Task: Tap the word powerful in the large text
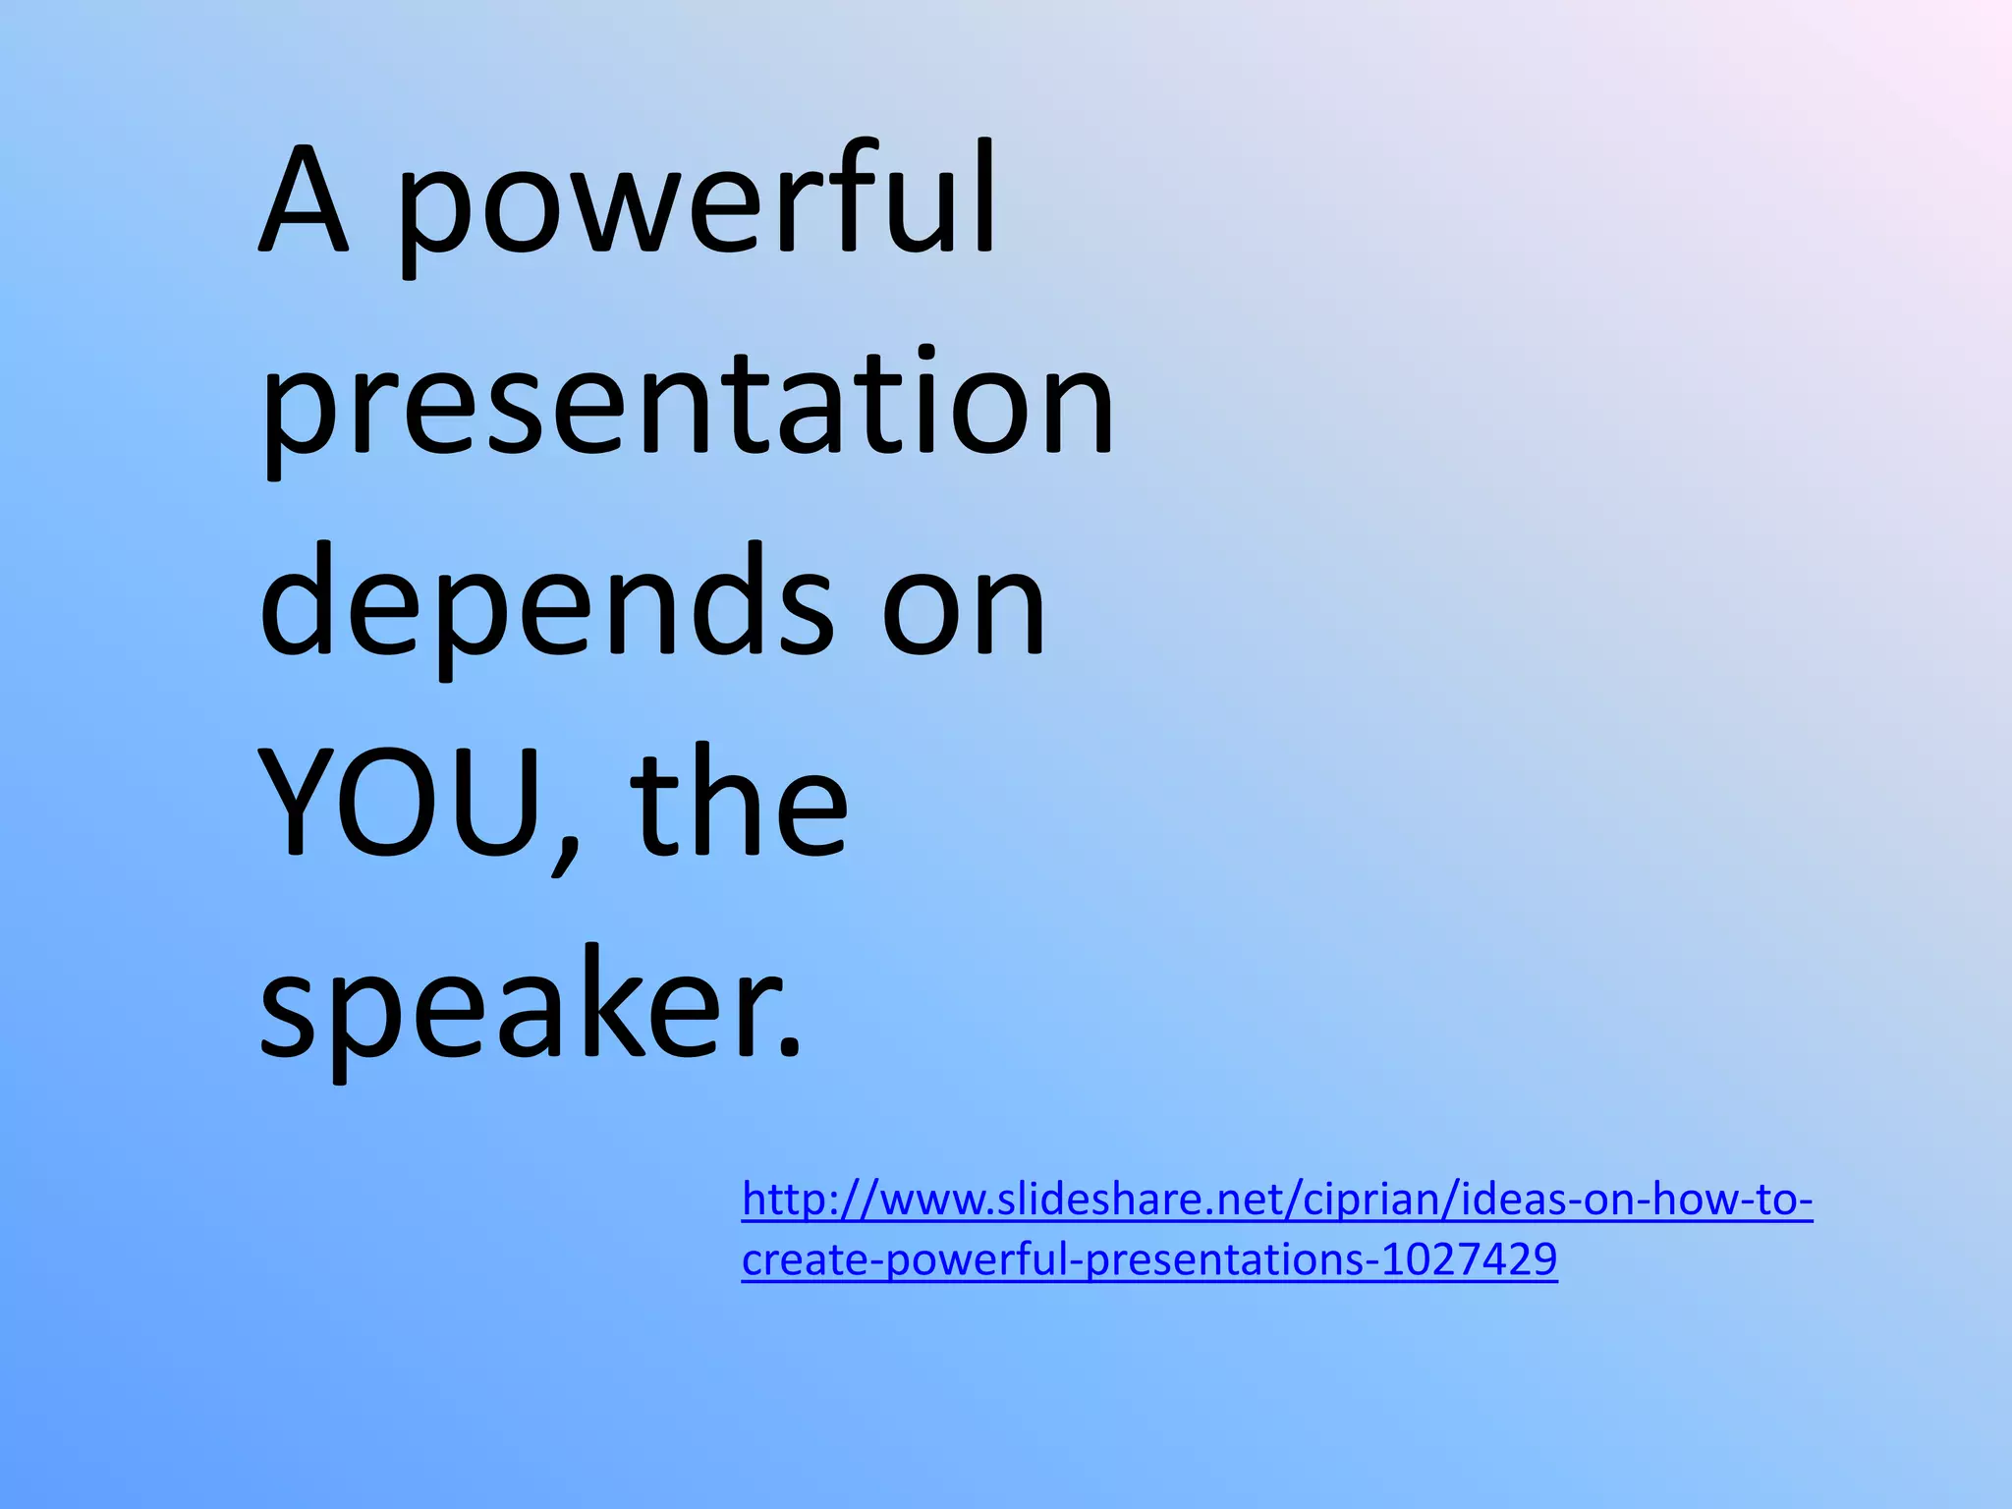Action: point(698,206)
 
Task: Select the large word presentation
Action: point(687,408)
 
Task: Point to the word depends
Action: point(546,604)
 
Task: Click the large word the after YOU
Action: point(739,801)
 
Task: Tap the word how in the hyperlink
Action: point(1695,1201)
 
